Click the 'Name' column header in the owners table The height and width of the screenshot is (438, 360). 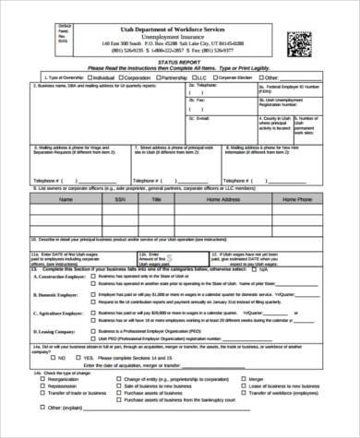tap(66, 196)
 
